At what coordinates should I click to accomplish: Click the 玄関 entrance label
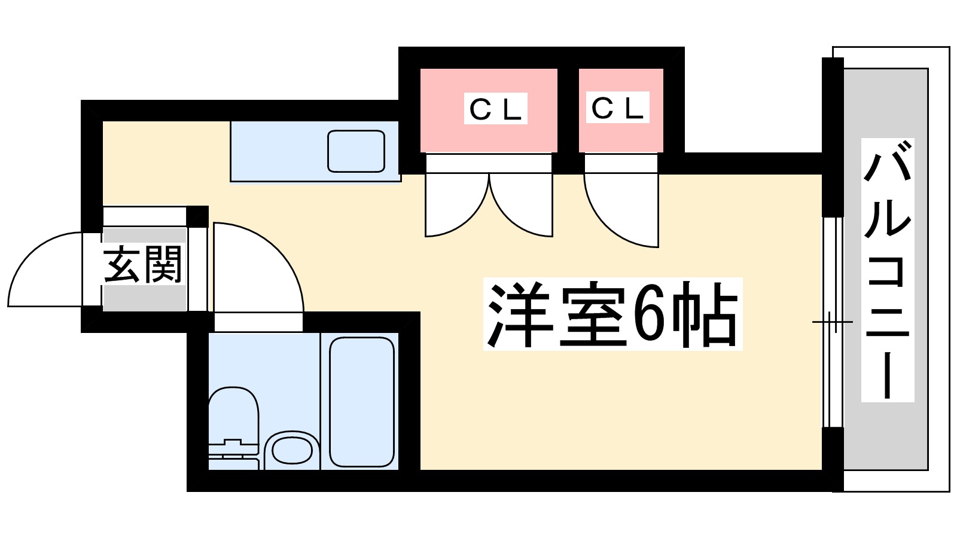coord(142,265)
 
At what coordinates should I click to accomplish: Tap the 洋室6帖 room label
coord(612,314)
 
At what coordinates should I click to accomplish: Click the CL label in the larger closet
coord(495,109)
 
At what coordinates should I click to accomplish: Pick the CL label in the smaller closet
coord(617,108)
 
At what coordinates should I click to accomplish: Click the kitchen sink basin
coord(356,151)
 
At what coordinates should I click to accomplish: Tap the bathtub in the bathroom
coord(362,402)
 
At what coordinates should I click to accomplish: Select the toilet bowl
coord(233,412)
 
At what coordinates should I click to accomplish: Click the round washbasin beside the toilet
coord(292,450)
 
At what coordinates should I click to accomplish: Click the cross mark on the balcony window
coord(831,322)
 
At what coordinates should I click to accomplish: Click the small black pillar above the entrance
coord(197,216)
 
